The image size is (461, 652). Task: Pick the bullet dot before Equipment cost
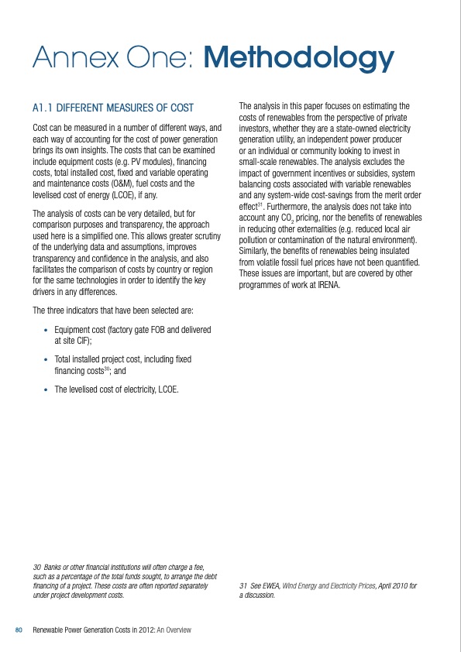point(46,330)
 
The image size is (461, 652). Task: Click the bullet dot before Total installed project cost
point(46,360)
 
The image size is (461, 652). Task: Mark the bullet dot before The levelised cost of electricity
point(46,389)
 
